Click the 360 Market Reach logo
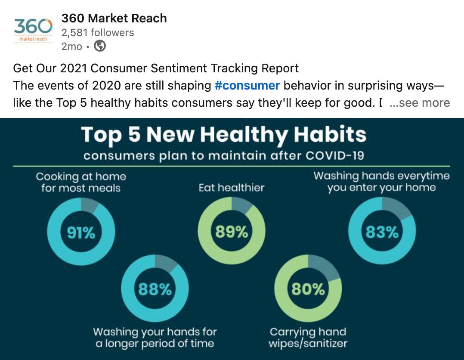pos(33,30)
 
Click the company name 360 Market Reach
pos(114,19)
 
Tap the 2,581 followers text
pos(98,33)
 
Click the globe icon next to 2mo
pos(100,46)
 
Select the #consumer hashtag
pos(247,85)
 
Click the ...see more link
pos(420,103)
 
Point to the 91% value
pos(81,233)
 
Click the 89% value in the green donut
pos(232,232)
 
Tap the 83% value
pos(382,232)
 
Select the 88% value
pos(155,289)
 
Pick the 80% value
pos(308,289)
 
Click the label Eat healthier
pos(232,188)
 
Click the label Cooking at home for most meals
pos(81,182)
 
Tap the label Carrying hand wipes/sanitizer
pos(308,338)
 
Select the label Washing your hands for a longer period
pos(155,338)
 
